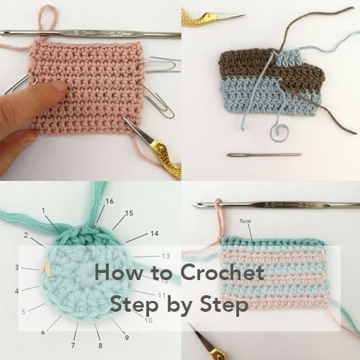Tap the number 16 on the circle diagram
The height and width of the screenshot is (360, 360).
pyautogui.click(x=109, y=201)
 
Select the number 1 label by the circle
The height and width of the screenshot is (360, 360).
pyautogui.click(x=44, y=210)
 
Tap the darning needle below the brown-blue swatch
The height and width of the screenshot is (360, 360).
pyautogui.click(x=264, y=154)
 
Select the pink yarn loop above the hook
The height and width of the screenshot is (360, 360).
pyautogui.click(x=48, y=18)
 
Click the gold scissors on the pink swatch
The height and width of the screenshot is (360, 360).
pyautogui.click(x=154, y=148)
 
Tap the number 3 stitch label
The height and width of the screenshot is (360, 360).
pyautogui.click(x=17, y=267)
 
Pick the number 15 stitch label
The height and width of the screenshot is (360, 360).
pyautogui.click(x=129, y=214)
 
